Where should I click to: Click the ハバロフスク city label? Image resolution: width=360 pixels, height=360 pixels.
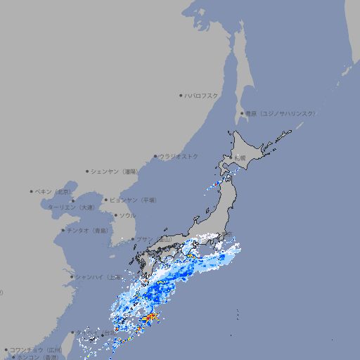pyautogui.click(x=201, y=95)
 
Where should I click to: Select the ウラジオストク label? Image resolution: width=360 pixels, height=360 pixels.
pyautogui.click(x=179, y=156)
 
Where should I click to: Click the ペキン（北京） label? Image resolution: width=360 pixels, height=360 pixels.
pyautogui.click(x=53, y=191)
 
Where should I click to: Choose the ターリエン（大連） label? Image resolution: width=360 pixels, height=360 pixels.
pyautogui.click(x=71, y=207)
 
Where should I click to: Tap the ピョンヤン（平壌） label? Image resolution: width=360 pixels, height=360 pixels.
pyautogui.click(x=133, y=200)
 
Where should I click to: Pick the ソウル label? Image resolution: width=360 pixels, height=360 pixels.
pyautogui.click(x=127, y=215)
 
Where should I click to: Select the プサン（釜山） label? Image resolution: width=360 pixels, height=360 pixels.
pyautogui.click(x=154, y=239)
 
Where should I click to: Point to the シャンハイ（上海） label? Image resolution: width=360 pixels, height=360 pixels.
pyautogui.click(x=98, y=276)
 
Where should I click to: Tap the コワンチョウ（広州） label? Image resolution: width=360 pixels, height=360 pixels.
pyautogui.click(x=36, y=349)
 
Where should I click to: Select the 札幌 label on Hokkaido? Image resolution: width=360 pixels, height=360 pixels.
pyautogui.click(x=240, y=158)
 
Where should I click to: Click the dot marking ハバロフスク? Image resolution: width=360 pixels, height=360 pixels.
pyautogui.click(x=181, y=95)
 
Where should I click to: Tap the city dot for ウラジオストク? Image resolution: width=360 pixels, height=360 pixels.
pyautogui.click(x=155, y=156)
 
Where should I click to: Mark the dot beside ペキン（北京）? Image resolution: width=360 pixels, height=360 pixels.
pyautogui.click(x=32, y=191)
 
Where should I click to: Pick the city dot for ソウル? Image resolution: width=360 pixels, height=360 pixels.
pyautogui.click(x=115, y=215)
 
